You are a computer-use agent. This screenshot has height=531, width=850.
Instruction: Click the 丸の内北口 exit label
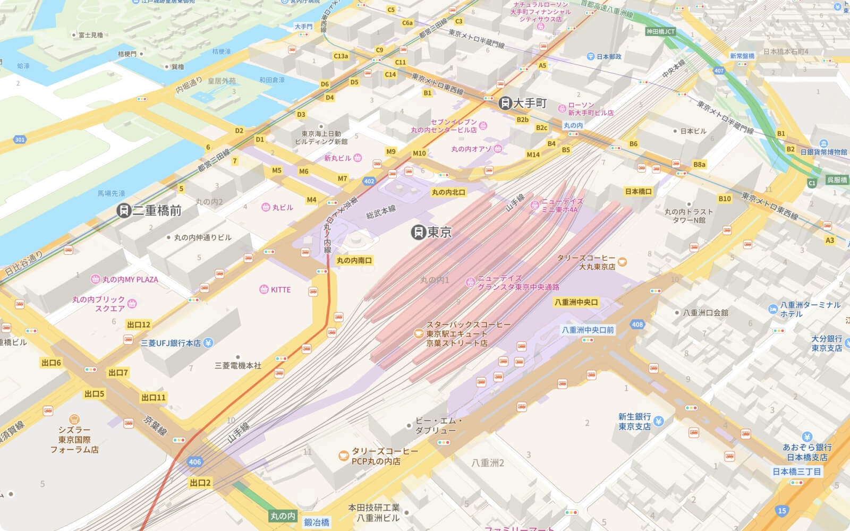pos(448,192)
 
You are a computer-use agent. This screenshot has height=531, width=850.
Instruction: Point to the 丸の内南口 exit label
pos(354,260)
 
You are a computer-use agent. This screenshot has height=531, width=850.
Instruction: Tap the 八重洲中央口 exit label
pos(576,302)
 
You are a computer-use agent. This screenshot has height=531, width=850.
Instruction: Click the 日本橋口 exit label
pos(638,191)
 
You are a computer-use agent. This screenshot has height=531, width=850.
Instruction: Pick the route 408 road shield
pos(637,324)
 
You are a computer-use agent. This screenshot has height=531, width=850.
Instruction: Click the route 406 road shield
pos(195,462)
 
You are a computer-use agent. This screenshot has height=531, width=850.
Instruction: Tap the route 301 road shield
pos(20,140)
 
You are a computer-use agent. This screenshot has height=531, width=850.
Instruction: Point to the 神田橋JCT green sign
pos(660,32)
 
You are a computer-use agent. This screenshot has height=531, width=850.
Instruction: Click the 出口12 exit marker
pos(139,324)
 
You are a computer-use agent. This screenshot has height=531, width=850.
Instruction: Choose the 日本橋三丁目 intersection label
pos(796,472)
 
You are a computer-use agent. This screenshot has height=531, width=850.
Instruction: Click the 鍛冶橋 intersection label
pos(317,523)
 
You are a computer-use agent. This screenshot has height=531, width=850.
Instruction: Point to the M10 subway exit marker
pos(419,153)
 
